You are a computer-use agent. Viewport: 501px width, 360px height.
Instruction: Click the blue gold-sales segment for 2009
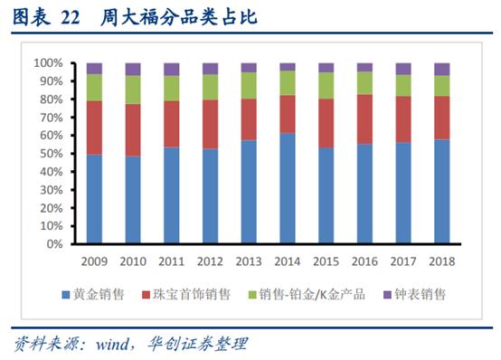(x=94, y=199)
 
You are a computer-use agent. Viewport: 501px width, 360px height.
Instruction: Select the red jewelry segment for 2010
(x=133, y=129)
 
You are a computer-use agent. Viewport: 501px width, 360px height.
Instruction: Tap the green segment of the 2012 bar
(x=210, y=87)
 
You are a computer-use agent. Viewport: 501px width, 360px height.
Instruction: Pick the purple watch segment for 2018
(x=441, y=69)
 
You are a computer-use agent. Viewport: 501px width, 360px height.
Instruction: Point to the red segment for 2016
(x=364, y=118)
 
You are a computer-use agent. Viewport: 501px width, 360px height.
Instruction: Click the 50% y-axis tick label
(x=50, y=154)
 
